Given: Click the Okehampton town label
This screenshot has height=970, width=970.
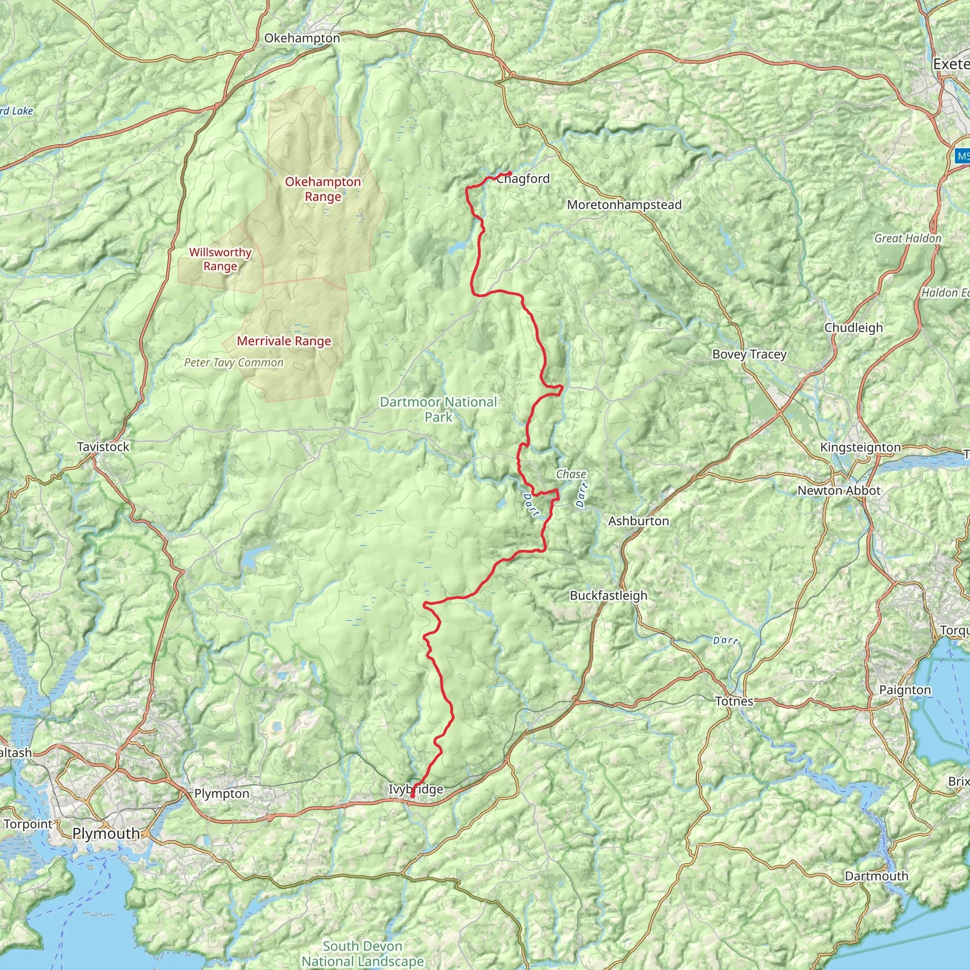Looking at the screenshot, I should tap(302, 38).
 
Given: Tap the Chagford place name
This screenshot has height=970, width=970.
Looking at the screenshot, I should tap(523, 179).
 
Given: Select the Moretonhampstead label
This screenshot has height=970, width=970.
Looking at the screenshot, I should tap(624, 205).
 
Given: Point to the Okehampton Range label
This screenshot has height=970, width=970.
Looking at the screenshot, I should tap(323, 189).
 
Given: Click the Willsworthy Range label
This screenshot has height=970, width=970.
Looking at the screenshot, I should tap(220, 259).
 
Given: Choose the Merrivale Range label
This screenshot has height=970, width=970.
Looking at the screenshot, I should tap(284, 341).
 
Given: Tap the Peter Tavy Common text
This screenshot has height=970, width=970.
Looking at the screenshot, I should tap(234, 362).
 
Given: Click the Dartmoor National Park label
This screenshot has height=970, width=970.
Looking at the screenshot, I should tap(438, 409).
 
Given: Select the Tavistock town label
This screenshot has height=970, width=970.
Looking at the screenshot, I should tap(103, 446).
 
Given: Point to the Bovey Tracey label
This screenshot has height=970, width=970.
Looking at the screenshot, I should tap(749, 354).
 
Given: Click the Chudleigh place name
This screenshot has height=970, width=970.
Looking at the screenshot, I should tap(853, 327).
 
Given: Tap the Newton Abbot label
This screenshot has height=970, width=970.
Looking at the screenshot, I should tap(839, 491).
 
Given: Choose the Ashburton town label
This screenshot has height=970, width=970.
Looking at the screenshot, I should tap(638, 521).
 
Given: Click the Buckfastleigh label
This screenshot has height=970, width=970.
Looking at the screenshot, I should tap(609, 595).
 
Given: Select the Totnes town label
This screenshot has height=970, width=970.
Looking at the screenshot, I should tap(734, 701).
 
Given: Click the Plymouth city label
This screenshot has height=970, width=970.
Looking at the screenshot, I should tap(106, 834).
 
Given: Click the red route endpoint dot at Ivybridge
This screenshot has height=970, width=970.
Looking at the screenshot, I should tap(412, 796).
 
